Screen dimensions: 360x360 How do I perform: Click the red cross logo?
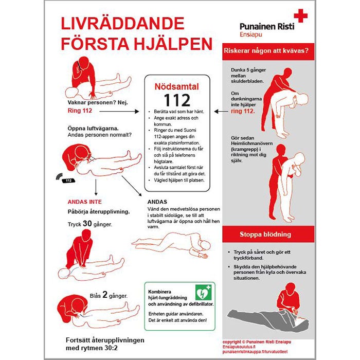coord(300,16)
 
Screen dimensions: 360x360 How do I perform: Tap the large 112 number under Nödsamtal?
coord(177,100)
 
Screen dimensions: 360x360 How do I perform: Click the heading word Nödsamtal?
coord(177,87)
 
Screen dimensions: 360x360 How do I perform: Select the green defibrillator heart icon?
coord(203,293)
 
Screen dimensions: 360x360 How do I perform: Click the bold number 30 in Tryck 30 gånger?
coord(86,224)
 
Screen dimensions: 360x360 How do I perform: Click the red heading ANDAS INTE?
coord(84,202)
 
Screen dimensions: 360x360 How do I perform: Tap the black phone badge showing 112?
coord(68,181)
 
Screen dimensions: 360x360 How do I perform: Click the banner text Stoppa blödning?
coord(265,235)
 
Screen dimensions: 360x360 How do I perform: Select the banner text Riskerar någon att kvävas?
coord(265,51)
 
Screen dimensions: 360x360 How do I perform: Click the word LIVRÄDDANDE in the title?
coord(122,24)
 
